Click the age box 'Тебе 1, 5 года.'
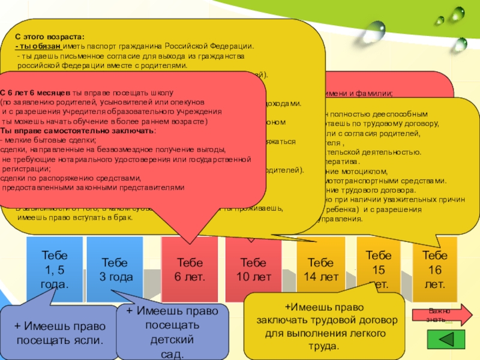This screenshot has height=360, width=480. [x=54, y=270]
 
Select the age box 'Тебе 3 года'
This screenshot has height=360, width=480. [x=115, y=270]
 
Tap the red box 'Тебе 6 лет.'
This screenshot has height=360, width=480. [x=190, y=270]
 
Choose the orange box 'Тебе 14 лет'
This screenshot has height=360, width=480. [x=322, y=270]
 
